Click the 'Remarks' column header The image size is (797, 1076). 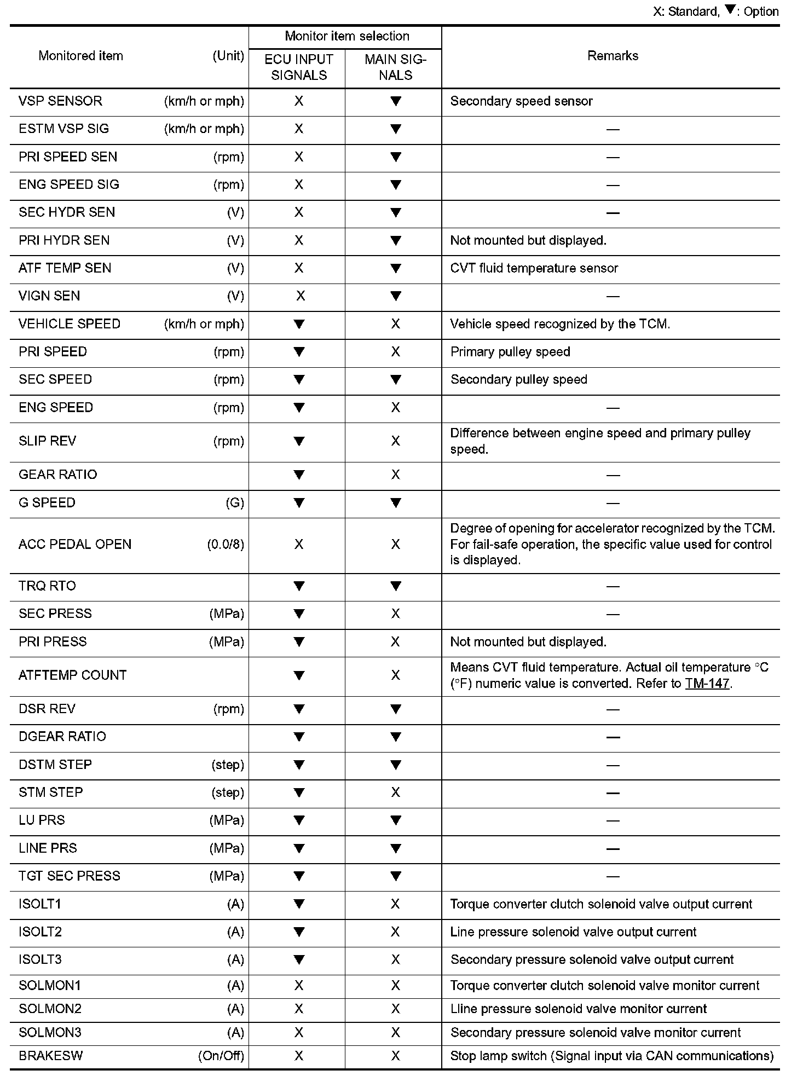coord(613,56)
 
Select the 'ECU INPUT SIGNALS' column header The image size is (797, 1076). coord(299,67)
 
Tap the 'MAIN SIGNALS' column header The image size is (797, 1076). coord(395,67)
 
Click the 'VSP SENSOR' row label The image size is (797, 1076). coord(60,101)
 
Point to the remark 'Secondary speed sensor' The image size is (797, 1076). coord(521,101)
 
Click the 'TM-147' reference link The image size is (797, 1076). coord(707,684)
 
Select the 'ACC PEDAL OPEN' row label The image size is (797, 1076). coord(75,545)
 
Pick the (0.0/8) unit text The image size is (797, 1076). coord(226,545)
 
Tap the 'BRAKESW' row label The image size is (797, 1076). coord(50,1056)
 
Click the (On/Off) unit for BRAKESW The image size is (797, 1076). coord(221,1056)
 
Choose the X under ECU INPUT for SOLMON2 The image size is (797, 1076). coord(299,1009)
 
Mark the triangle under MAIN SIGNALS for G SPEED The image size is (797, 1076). coord(395,502)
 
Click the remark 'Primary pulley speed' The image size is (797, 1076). coord(510,352)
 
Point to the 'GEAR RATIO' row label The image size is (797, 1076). coord(57,475)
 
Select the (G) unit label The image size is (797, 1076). coord(235,502)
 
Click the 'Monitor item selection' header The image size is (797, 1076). coord(347,36)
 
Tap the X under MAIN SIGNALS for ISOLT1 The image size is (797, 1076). coord(395,904)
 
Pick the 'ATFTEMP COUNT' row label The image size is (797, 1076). coord(72,675)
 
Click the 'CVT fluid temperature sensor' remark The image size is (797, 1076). coord(534,268)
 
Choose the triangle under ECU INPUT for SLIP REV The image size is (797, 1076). coord(299,441)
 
